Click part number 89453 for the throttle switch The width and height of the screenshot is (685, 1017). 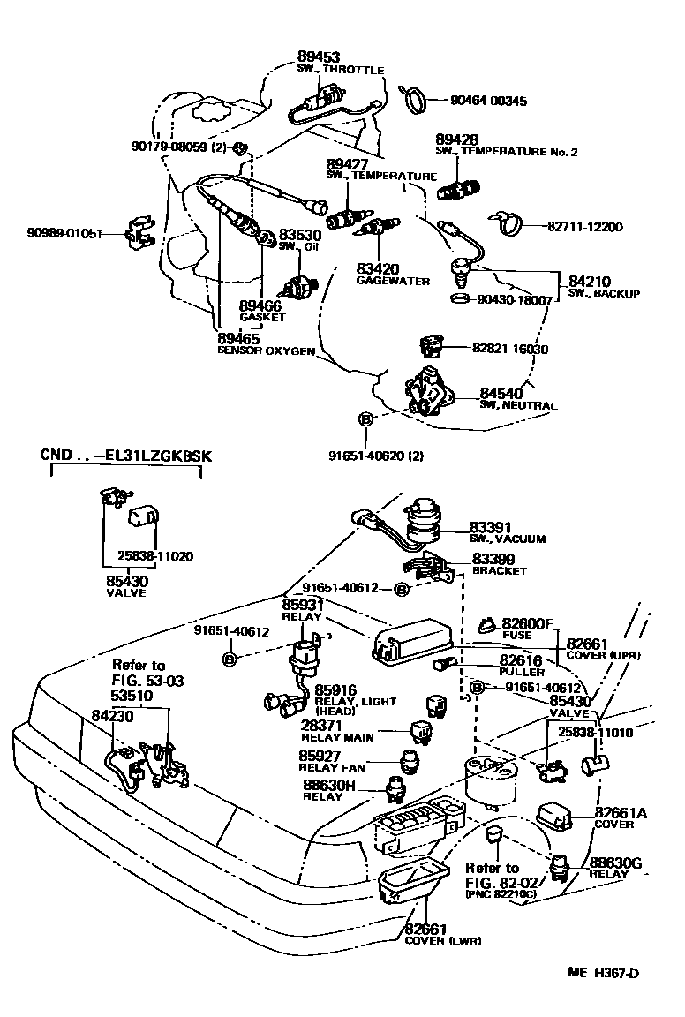[x=318, y=57]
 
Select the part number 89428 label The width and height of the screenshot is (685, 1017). [x=457, y=140]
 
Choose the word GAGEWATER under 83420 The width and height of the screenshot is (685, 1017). [x=393, y=281]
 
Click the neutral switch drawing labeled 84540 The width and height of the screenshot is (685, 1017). [x=426, y=390]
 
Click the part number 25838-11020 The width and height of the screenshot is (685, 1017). [x=155, y=556]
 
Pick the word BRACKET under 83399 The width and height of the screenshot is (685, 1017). [x=499, y=571]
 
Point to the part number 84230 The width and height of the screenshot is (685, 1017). [x=112, y=718]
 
